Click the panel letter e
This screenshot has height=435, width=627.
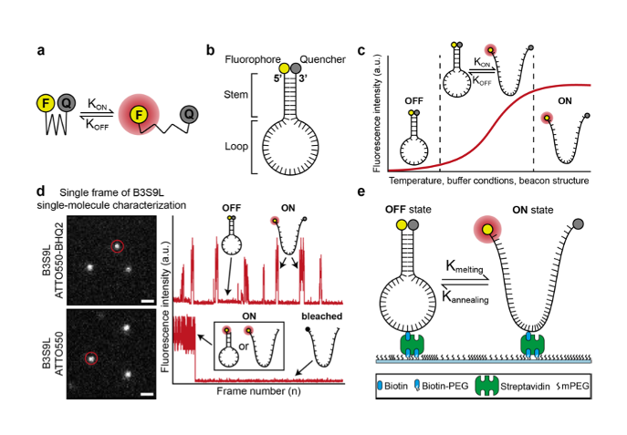387,193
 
